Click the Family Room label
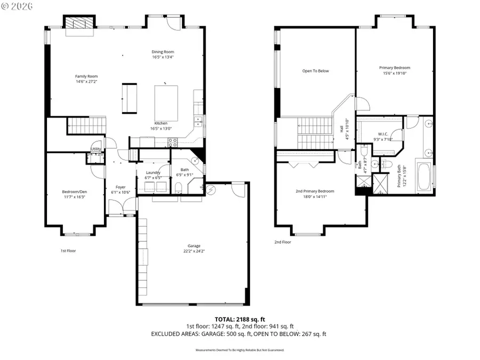point(86,76)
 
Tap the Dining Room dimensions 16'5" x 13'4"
point(162,57)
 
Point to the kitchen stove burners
point(173,142)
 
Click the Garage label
point(194,246)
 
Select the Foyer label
point(121,187)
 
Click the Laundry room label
point(153,172)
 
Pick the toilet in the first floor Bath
point(179,187)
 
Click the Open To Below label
point(316,71)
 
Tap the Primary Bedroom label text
point(395,68)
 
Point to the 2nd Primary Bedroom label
point(315,191)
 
